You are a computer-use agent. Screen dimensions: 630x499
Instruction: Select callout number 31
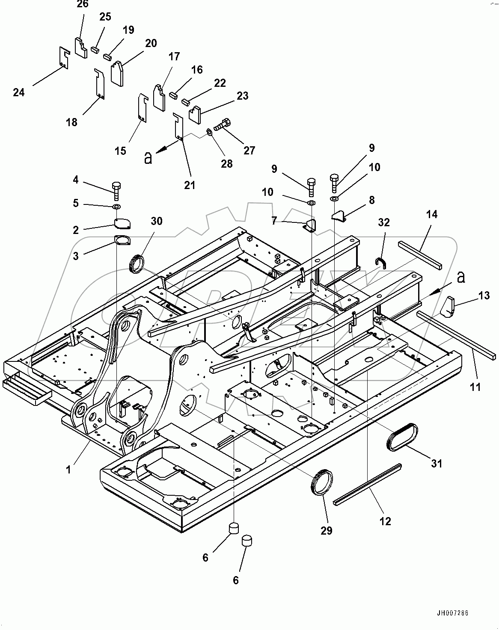click(436, 463)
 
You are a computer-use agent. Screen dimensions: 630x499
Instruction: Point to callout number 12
click(385, 521)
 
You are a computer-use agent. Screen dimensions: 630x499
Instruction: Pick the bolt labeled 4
click(116, 190)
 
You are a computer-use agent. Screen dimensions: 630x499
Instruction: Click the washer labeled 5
click(116, 207)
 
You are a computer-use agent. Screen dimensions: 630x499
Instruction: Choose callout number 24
click(19, 92)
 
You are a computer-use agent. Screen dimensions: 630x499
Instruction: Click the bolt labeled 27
click(221, 124)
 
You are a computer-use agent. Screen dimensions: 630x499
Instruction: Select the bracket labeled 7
click(310, 226)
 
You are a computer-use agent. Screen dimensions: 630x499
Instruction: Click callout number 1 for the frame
click(68, 469)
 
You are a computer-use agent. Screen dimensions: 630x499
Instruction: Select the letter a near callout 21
click(148, 158)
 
